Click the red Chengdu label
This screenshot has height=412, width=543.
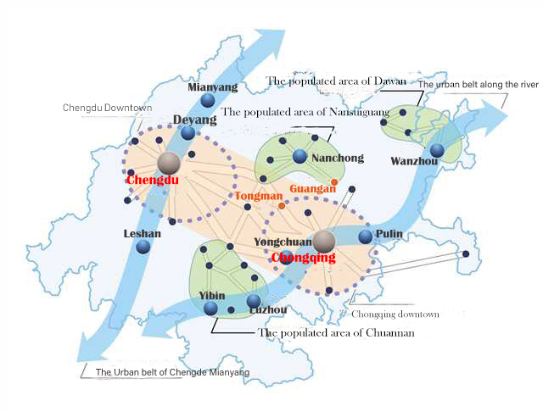[152, 181]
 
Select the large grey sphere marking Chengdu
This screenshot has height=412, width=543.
[169, 163]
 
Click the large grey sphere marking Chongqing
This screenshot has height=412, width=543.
[323, 242]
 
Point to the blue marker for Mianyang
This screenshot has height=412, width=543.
[208, 101]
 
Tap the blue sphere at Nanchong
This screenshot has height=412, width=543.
[299, 156]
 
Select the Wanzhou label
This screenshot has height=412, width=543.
[413, 161]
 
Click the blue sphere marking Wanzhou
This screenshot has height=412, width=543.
[436, 151]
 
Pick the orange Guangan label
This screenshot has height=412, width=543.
[312, 188]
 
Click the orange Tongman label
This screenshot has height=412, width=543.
[259, 196]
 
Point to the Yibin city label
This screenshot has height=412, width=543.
[212, 295]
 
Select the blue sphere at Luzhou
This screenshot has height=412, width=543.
[253, 300]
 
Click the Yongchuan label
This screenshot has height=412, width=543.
[279, 242]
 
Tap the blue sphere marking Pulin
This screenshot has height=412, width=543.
[365, 237]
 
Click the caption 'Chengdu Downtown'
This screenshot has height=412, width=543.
[107, 108]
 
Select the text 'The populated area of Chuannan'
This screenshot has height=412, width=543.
[335, 333]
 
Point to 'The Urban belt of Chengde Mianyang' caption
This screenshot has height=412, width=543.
[172, 372]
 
